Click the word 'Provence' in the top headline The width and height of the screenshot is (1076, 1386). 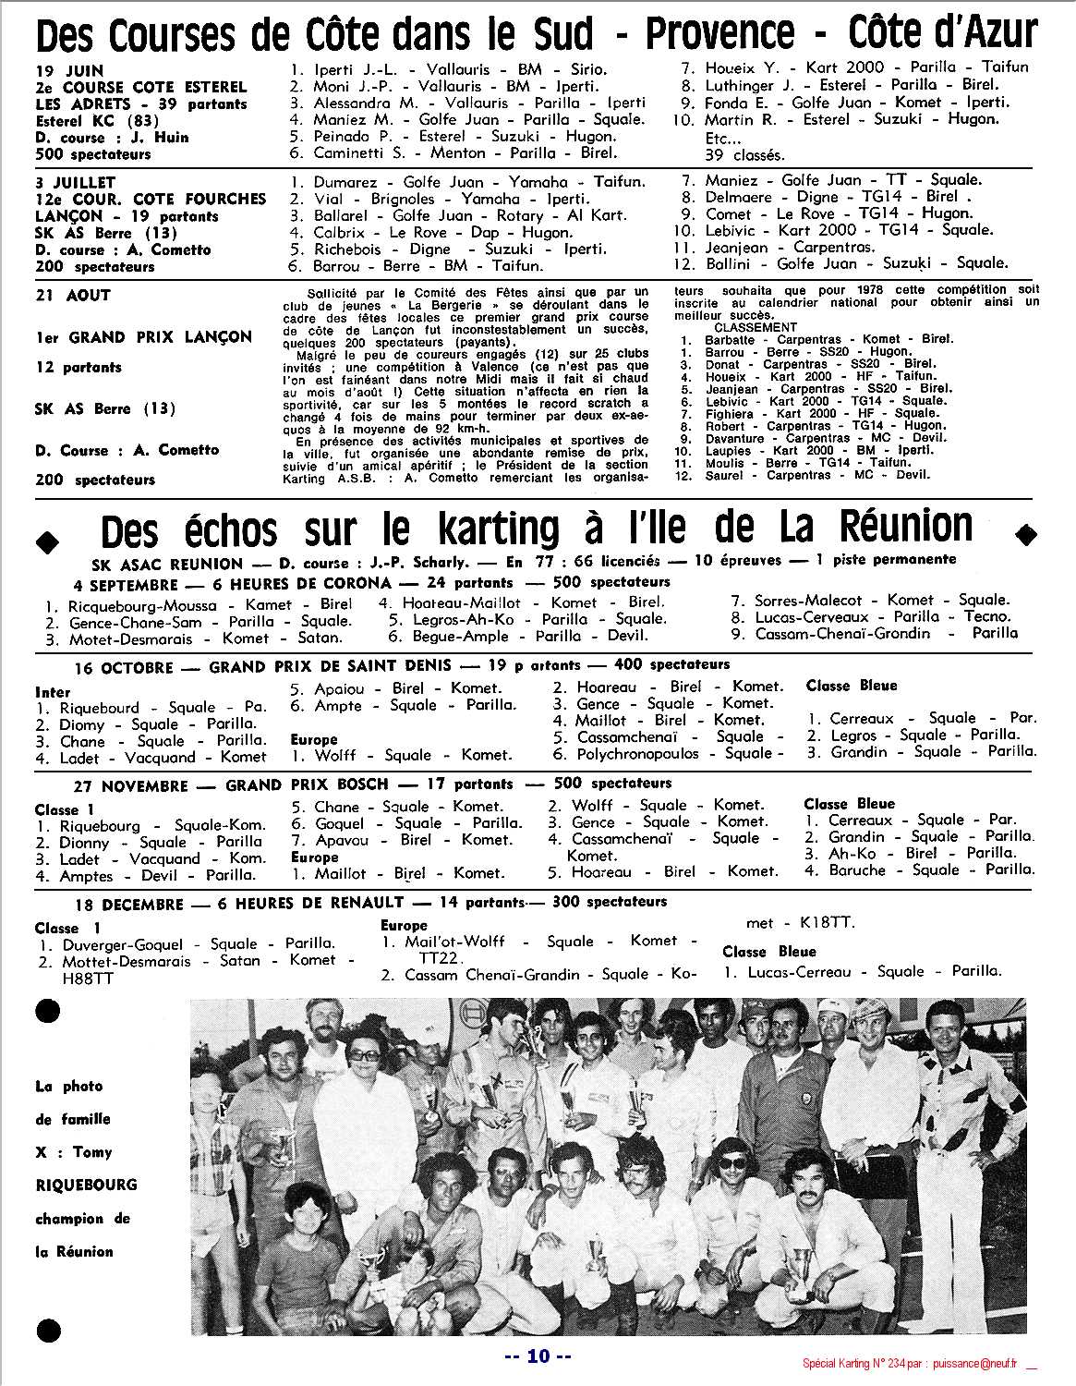click(719, 35)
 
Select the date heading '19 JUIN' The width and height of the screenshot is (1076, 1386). click(70, 71)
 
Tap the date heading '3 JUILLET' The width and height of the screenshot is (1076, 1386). click(76, 182)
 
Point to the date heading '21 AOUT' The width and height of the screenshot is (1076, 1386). click(73, 296)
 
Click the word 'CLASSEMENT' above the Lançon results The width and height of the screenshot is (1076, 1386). click(755, 327)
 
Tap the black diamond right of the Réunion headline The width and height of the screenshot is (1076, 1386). click(1025, 533)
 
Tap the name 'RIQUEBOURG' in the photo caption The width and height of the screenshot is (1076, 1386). click(73, 1185)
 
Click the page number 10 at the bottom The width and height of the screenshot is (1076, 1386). click(538, 1356)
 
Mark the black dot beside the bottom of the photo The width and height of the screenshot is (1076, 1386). click(47, 1331)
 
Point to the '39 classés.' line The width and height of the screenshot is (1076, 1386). click(744, 154)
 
